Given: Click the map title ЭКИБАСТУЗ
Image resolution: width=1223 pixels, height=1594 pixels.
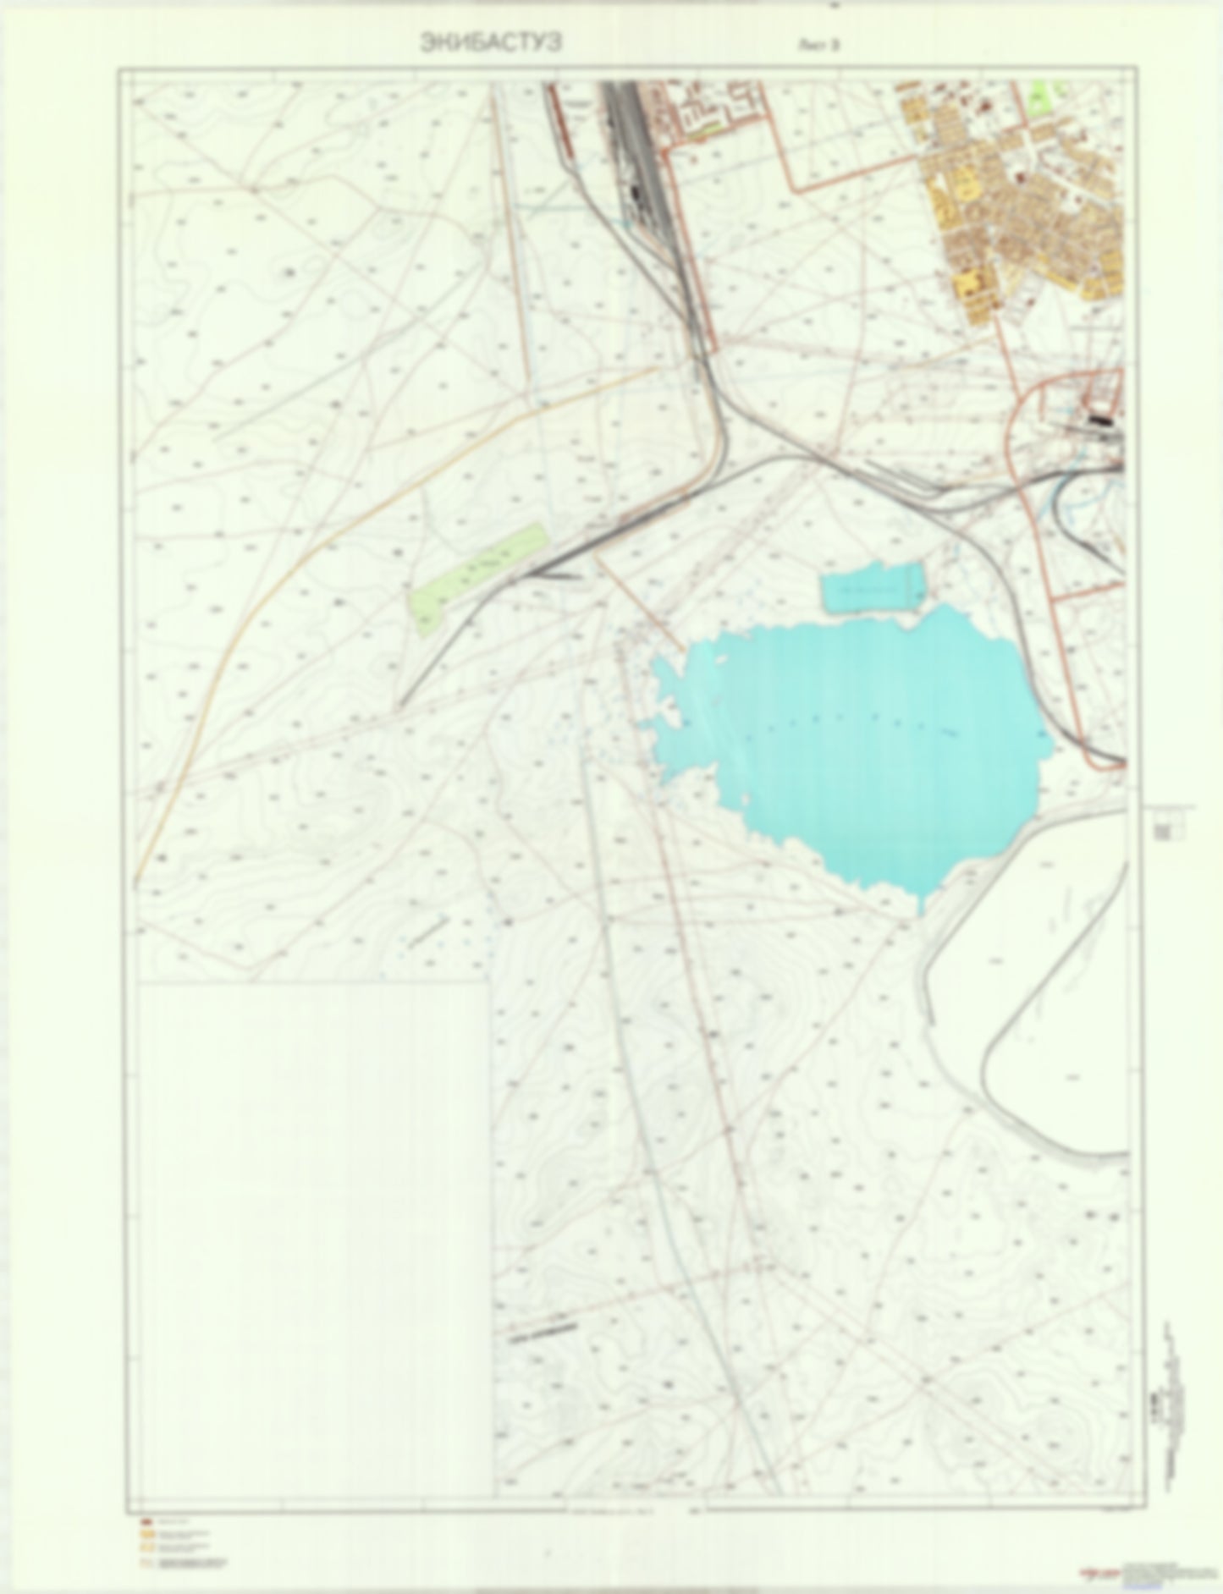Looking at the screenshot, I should tap(490, 44).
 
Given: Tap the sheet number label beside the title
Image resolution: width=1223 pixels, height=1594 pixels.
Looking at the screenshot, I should tap(818, 46).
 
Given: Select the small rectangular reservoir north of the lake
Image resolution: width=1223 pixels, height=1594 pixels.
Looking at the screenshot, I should tap(873, 589).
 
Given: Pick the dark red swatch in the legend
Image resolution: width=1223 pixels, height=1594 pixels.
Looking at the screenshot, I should tap(145, 1521).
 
